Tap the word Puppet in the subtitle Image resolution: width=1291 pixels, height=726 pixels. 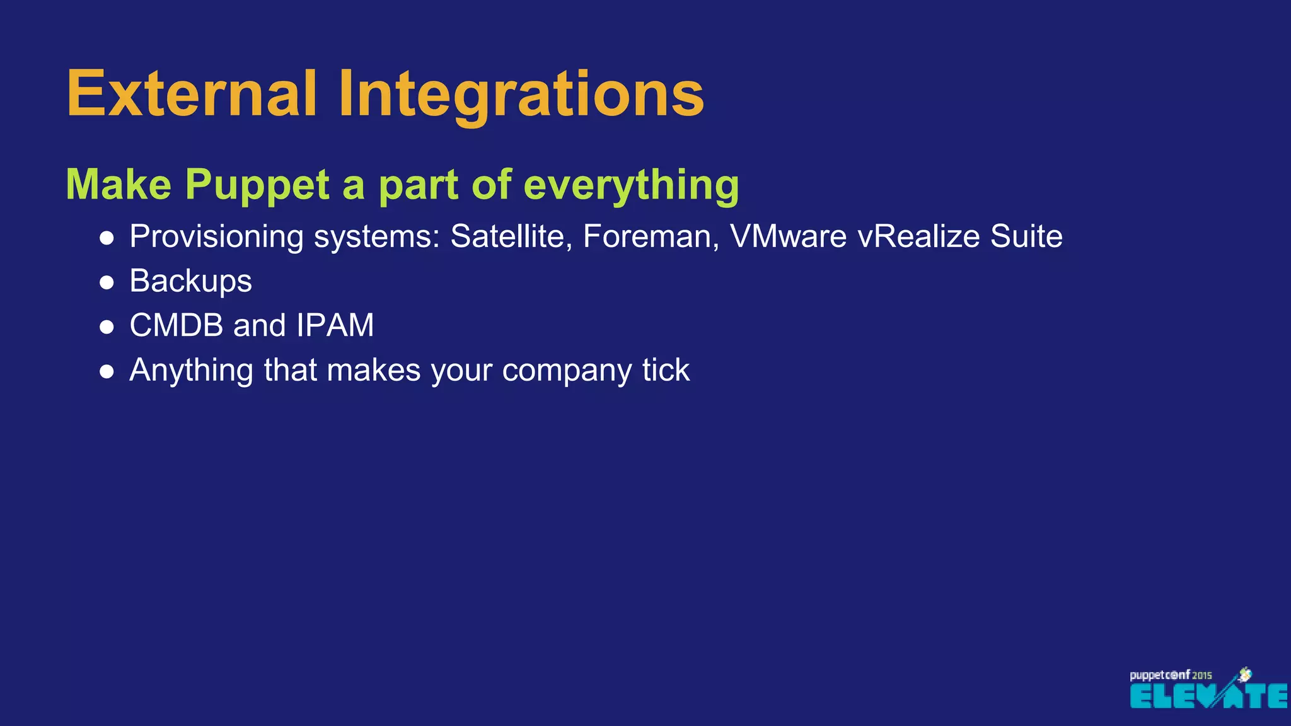[x=257, y=185]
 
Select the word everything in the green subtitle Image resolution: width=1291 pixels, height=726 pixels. [x=631, y=185]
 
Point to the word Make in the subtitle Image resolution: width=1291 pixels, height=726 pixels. [x=119, y=185]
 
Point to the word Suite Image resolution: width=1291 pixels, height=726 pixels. [x=1026, y=237]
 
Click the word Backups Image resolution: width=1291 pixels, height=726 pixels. [x=190, y=281]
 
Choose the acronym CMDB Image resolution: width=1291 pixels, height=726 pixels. [x=177, y=326]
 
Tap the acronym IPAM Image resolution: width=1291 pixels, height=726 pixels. [x=335, y=326]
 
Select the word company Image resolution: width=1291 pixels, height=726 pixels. [x=567, y=371]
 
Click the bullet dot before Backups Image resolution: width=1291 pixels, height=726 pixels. [x=107, y=282]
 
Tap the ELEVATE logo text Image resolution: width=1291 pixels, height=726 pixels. [x=1208, y=696]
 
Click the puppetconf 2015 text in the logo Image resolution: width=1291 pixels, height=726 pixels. [x=1170, y=675]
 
